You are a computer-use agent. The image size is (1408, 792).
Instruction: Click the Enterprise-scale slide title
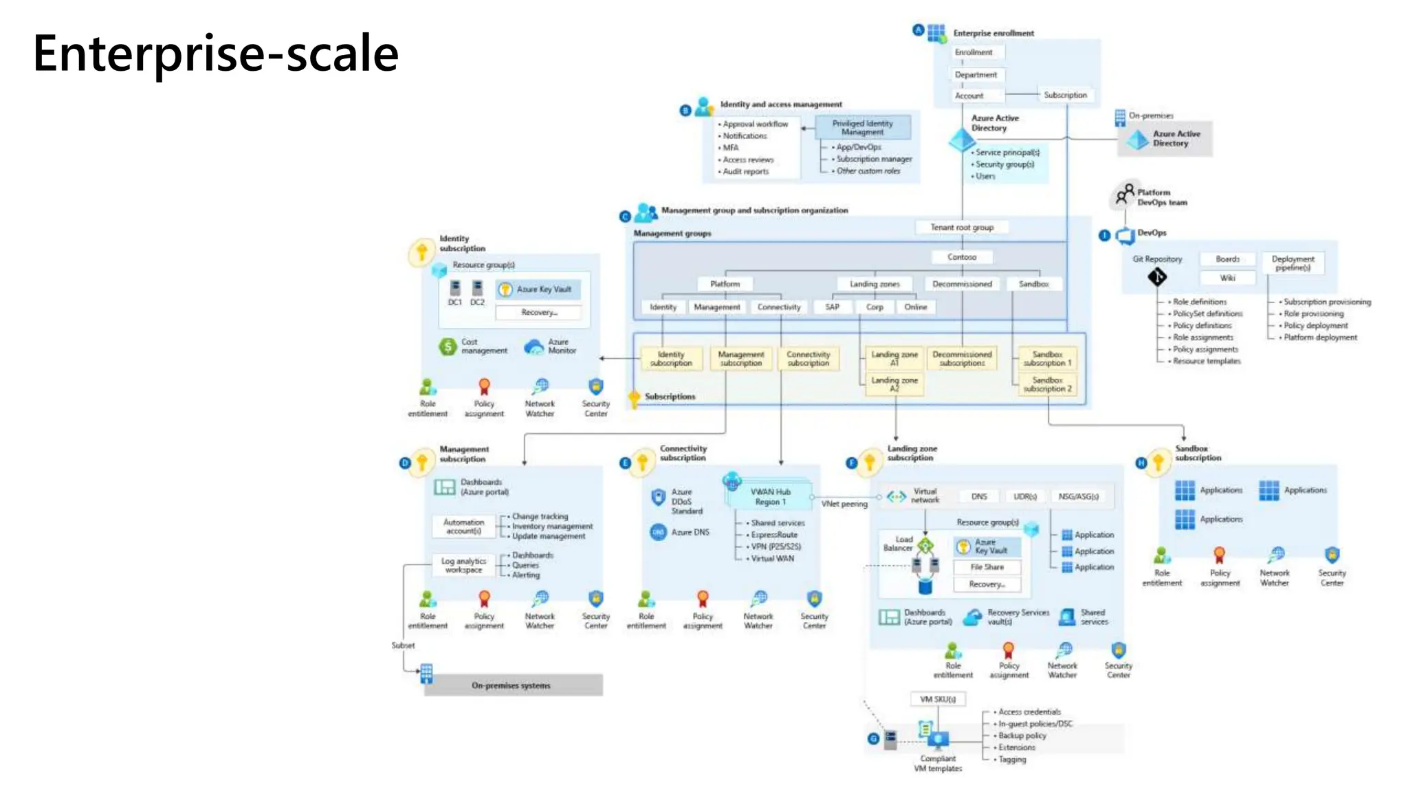pyautogui.click(x=216, y=54)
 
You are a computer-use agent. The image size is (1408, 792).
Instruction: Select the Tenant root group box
pyautogui.click(x=962, y=228)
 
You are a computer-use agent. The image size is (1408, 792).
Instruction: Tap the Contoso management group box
pyautogui.click(x=962, y=257)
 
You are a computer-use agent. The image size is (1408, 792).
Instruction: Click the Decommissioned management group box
pyautogui.click(x=962, y=284)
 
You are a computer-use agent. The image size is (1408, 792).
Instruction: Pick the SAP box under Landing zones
pyautogui.click(x=832, y=307)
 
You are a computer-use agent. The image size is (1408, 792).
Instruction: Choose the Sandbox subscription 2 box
pyautogui.click(x=1047, y=384)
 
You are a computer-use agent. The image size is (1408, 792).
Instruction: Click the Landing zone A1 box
pyautogui.click(x=894, y=358)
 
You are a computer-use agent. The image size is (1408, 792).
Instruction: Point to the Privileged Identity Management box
pyautogui.click(x=862, y=127)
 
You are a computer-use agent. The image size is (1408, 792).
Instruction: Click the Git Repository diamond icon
pyautogui.click(x=1157, y=277)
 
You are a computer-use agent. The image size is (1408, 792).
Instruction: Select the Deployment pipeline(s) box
pyautogui.click(x=1292, y=263)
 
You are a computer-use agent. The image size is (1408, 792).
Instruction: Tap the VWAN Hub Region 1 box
pyautogui.click(x=770, y=496)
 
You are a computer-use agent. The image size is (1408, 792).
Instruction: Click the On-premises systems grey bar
pyautogui.click(x=513, y=685)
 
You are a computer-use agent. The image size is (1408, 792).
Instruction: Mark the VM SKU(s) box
pyautogui.click(x=938, y=699)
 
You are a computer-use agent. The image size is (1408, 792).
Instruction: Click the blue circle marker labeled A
pyautogui.click(x=918, y=30)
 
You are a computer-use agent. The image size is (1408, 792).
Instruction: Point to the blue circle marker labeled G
pyautogui.click(x=873, y=739)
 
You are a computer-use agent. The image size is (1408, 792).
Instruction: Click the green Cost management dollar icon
pyautogui.click(x=448, y=346)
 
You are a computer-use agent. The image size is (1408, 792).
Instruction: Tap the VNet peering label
pyautogui.click(x=844, y=504)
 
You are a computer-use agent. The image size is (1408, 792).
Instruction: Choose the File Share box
pyautogui.click(x=987, y=567)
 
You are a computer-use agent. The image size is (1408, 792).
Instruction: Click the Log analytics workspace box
pyautogui.click(x=463, y=565)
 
